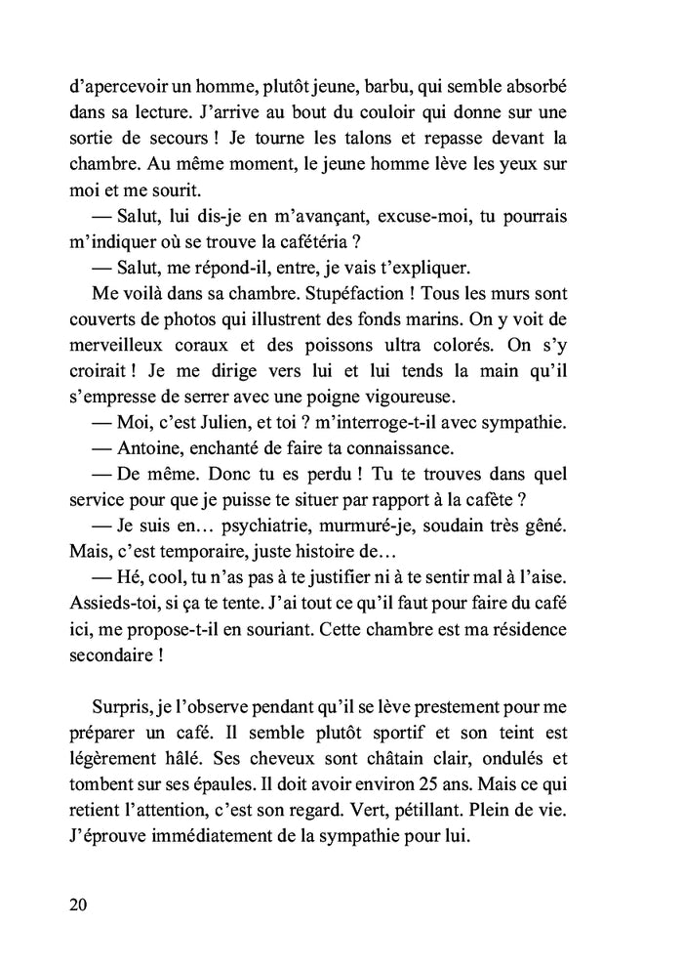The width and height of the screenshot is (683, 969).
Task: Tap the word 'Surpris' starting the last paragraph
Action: pos(124,703)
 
